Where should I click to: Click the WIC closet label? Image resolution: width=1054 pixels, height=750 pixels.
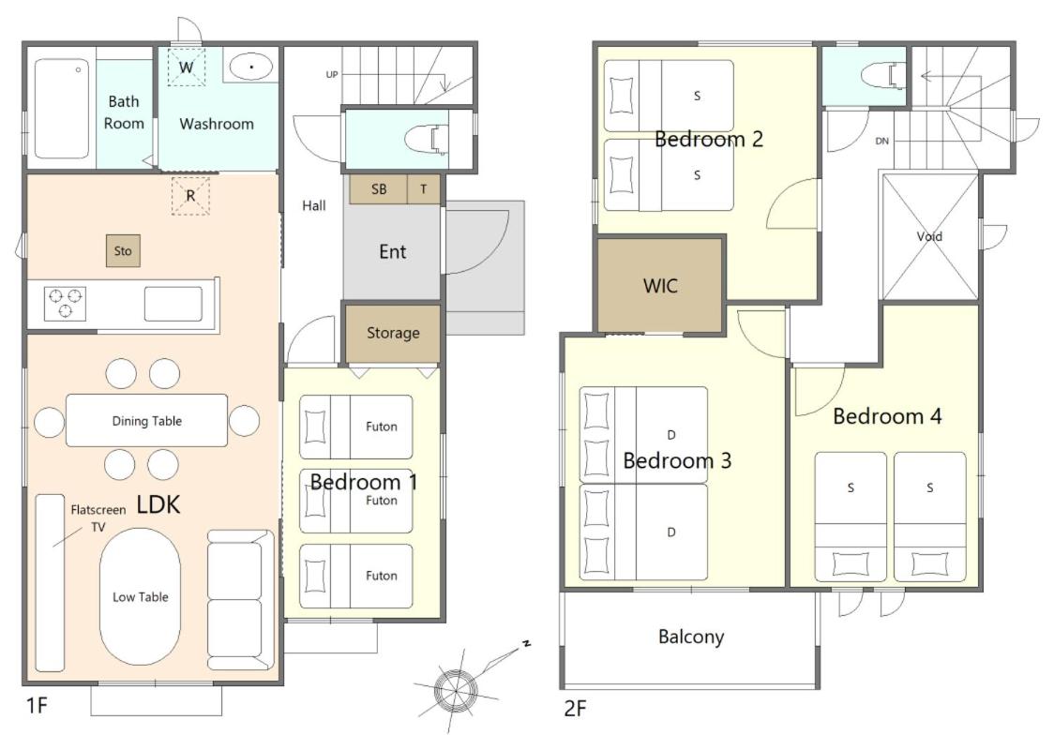pyautogui.click(x=660, y=286)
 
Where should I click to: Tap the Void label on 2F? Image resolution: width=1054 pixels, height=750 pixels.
pyautogui.click(x=929, y=236)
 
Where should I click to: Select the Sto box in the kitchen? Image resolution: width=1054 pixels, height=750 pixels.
pyautogui.click(x=123, y=250)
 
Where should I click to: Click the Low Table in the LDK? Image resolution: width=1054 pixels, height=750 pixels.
pyautogui.click(x=140, y=597)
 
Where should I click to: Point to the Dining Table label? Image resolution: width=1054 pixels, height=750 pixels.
pyautogui.click(x=146, y=421)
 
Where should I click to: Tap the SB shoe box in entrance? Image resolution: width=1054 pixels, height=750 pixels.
pyautogui.click(x=379, y=189)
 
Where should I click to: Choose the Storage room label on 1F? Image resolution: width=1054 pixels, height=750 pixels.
pyautogui.click(x=393, y=333)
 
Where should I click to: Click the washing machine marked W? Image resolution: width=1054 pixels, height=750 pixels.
pyautogui.click(x=187, y=67)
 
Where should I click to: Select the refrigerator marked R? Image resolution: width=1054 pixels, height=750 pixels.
pyautogui.click(x=191, y=196)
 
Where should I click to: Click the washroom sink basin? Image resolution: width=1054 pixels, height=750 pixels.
pyautogui.click(x=251, y=67)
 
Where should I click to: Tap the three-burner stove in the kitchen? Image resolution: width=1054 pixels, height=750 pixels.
pyautogui.click(x=66, y=303)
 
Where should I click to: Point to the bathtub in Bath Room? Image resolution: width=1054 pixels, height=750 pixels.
pyautogui.click(x=62, y=108)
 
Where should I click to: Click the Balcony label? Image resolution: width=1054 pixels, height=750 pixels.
pyautogui.click(x=691, y=637)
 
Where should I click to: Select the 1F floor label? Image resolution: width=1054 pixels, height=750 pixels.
pyautogui.click(x=37, y=706)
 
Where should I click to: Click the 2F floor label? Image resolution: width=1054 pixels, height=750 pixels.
pyautogui.click(x=576, y=709)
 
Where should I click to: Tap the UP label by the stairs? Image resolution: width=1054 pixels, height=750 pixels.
pyautogui.click(x=332, y=75)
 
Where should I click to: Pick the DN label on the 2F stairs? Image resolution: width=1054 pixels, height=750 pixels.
pyautogui.click(x=881, y=142)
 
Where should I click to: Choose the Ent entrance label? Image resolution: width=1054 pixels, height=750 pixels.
pyautogui.click(x=393, y=252)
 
